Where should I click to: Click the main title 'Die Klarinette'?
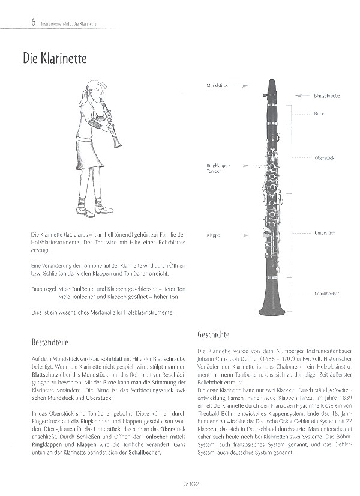55,59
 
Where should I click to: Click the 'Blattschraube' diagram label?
326,96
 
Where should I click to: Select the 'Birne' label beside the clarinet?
319,113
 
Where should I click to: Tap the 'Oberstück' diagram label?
324,157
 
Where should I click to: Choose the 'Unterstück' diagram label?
325,232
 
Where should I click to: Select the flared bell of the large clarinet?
271,303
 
